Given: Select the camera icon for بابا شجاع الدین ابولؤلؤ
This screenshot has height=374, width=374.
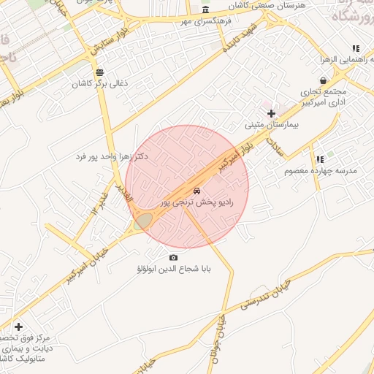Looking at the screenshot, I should tap(173, 257).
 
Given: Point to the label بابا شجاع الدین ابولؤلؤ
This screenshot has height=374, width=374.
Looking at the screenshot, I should tap(174, 269).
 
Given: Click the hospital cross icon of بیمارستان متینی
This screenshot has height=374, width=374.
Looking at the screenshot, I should tap(271, 113).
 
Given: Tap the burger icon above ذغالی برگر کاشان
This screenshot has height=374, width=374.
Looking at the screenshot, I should tap(99, 72).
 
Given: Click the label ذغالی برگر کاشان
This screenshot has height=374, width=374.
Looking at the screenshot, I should tap(99, 83).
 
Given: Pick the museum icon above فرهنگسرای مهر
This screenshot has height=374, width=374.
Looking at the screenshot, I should tap(205, 10).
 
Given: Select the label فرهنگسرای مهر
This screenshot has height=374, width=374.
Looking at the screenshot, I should tap(205, 21).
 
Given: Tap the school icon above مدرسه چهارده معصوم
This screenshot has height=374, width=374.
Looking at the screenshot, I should tap(319, 159).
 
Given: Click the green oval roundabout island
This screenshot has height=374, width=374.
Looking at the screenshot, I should tap(143, 221).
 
